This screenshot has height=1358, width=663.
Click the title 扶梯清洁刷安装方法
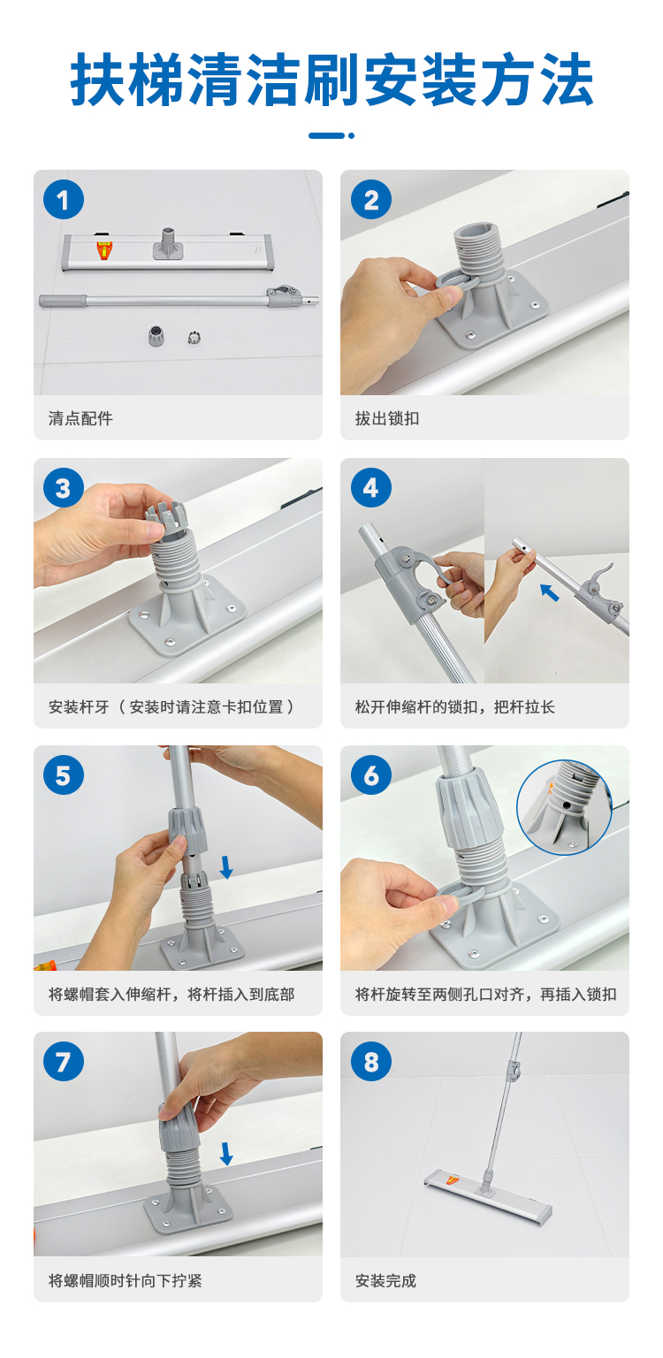331,80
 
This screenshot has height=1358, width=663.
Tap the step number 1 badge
64,200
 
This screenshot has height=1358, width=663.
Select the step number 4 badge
371,487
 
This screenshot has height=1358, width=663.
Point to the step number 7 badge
64,1061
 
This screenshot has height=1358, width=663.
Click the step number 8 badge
371,1061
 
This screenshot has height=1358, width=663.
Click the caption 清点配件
80,418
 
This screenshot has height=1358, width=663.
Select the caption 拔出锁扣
387,418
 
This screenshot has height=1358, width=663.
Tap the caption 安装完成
385,1280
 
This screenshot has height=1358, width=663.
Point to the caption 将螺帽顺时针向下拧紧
125,1280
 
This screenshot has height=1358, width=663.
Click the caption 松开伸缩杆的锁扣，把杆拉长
454,707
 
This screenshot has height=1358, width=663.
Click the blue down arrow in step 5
226,867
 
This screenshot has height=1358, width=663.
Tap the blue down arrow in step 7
226,1154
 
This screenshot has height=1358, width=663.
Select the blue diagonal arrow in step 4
549,592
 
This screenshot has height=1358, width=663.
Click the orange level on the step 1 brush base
104,250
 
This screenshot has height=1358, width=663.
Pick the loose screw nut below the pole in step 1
156,335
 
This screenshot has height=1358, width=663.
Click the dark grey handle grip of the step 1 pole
64,301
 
